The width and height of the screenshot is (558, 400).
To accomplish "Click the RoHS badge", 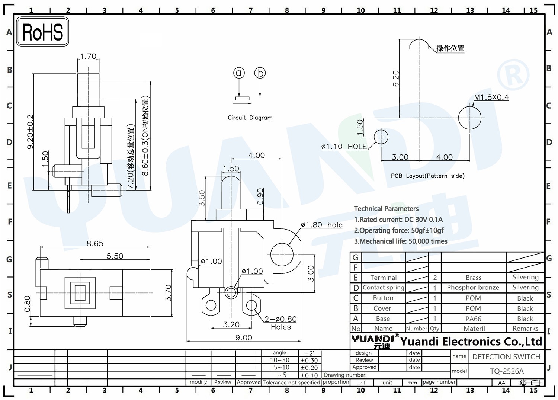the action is point(42,32).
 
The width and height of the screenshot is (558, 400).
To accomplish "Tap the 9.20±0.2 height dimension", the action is point(30,132).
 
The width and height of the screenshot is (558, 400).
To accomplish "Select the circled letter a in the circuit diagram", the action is point(239,73).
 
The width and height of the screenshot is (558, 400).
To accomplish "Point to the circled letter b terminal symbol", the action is point(260,73).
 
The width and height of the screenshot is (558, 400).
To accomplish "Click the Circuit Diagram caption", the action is point(250,118).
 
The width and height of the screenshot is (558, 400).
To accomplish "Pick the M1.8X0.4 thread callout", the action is point(491,97).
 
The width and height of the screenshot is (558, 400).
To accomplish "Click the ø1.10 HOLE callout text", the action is point(344,147).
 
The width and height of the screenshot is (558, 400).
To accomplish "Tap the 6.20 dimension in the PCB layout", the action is point(395,79).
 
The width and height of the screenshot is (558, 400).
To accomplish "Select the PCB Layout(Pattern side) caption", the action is point(427,176).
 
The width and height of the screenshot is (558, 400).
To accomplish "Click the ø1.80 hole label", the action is point(322,225).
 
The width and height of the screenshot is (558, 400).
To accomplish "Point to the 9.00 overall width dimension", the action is point(244,337).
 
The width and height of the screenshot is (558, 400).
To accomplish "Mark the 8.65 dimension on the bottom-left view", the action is point(95,243).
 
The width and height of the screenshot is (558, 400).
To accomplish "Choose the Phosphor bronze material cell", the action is point(473,287).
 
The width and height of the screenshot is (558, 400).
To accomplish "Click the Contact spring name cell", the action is point(384,287).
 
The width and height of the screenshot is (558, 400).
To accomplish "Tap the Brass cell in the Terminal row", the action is point(474,278).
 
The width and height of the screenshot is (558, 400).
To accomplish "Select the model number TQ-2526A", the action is point(507,371).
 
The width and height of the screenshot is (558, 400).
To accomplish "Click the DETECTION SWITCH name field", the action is point(506,356).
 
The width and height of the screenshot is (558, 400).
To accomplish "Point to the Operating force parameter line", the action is point(398,230).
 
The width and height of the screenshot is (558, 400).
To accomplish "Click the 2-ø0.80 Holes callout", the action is point(281,323).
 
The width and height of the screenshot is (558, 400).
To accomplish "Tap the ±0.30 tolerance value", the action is point(309,361).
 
